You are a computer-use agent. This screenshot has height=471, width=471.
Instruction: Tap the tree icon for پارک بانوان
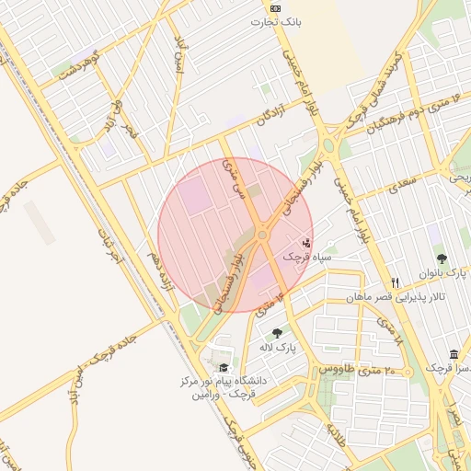(x=442, y=259)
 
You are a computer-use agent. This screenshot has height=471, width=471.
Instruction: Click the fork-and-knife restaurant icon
(x=396, y=282)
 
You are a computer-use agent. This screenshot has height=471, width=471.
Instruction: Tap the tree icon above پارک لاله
(x=277, y=333)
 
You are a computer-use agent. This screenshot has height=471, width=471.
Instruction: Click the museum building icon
(x=454, y=354)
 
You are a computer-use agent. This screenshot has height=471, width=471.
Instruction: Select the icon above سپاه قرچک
(x=306, y=244)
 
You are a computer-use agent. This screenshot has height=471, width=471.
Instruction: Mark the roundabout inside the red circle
(x=262, y=235)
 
